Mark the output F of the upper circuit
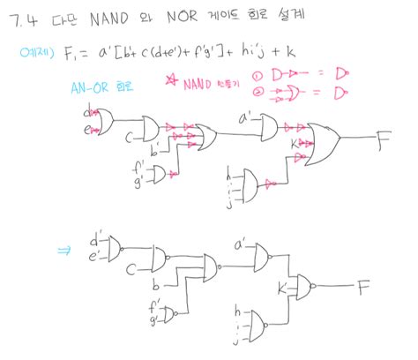point(382,138)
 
